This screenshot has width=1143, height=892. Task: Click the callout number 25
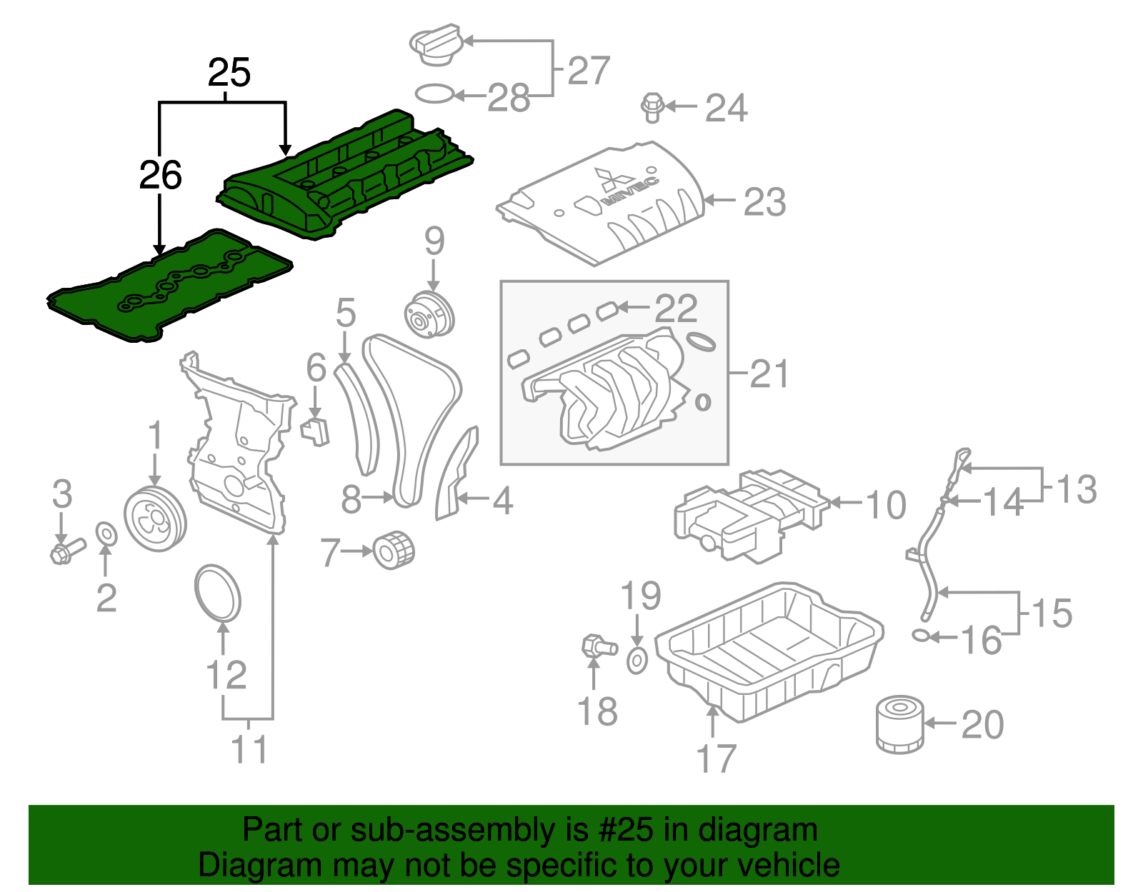(x=229, y=73)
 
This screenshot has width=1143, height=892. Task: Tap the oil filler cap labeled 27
(x=435, y=44)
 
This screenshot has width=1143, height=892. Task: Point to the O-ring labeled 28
(x=434, y=94)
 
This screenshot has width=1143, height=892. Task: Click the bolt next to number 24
(x=652, y=107)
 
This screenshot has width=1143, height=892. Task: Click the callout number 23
(x=764, y=202)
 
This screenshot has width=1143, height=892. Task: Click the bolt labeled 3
(x=66, y=551)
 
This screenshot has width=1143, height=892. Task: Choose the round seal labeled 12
(x=218, y=593)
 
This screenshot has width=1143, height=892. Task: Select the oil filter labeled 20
(x=899, y=726)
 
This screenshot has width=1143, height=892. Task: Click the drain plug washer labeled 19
(x=637, y=661)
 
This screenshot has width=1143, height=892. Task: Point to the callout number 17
(x=716, y=758)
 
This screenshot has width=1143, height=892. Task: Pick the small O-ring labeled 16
(x=921, y=635)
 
